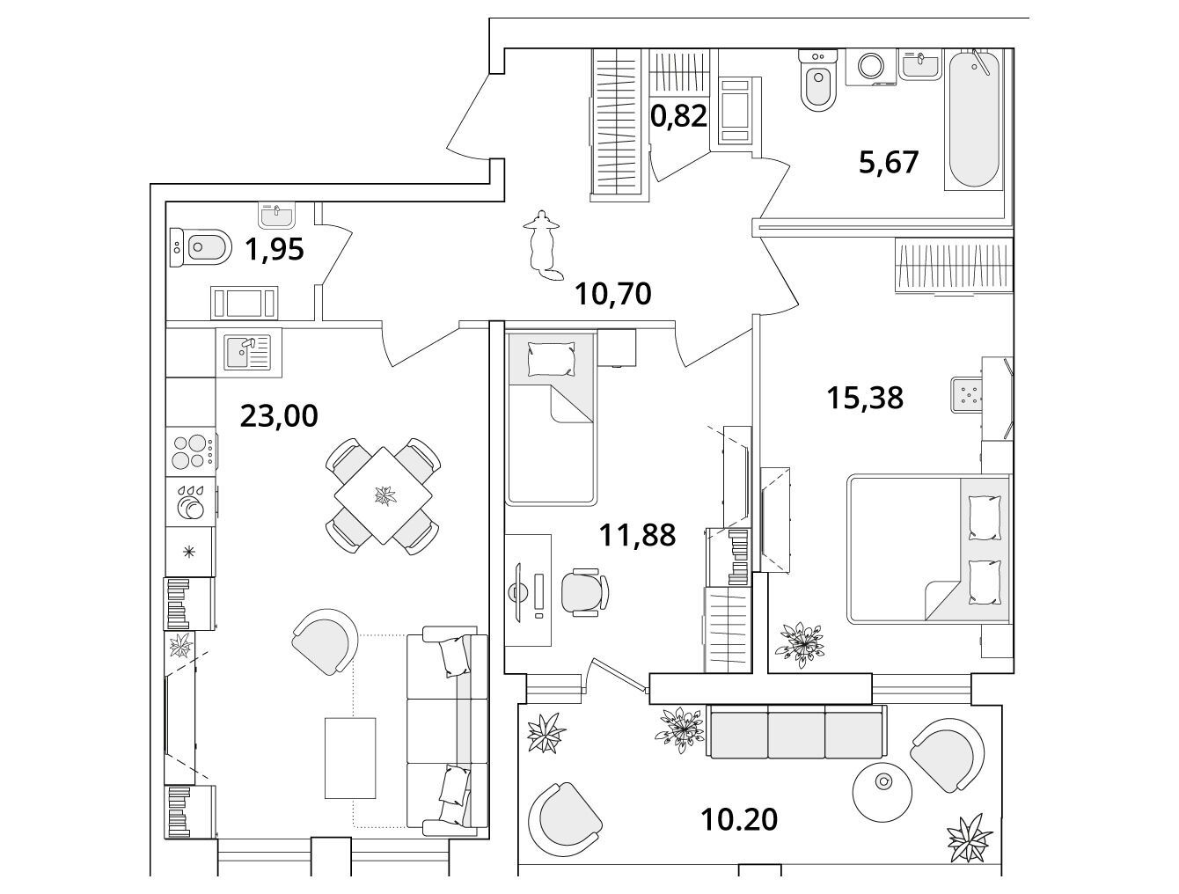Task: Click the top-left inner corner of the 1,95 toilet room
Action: tap(166, 202)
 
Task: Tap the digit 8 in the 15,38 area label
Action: tap(894, 398)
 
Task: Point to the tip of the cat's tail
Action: tap(563, 275)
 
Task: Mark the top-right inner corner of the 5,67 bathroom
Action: tap(1003, 49)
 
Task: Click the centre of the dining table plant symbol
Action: tap(384, 495)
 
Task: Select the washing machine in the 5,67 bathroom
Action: tap(871, 67)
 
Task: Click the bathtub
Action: tap(974, 119)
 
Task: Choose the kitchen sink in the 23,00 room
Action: tap(249, 352)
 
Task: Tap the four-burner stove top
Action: tap(191, 451)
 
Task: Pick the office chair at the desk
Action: tap(585, 592)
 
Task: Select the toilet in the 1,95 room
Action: tap(201, 247)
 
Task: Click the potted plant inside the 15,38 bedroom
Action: tap(800, 645)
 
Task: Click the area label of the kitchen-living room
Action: tap(279, 416)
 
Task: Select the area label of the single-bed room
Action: tap(637, 535)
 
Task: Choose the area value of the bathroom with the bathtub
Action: tap(889, 162)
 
